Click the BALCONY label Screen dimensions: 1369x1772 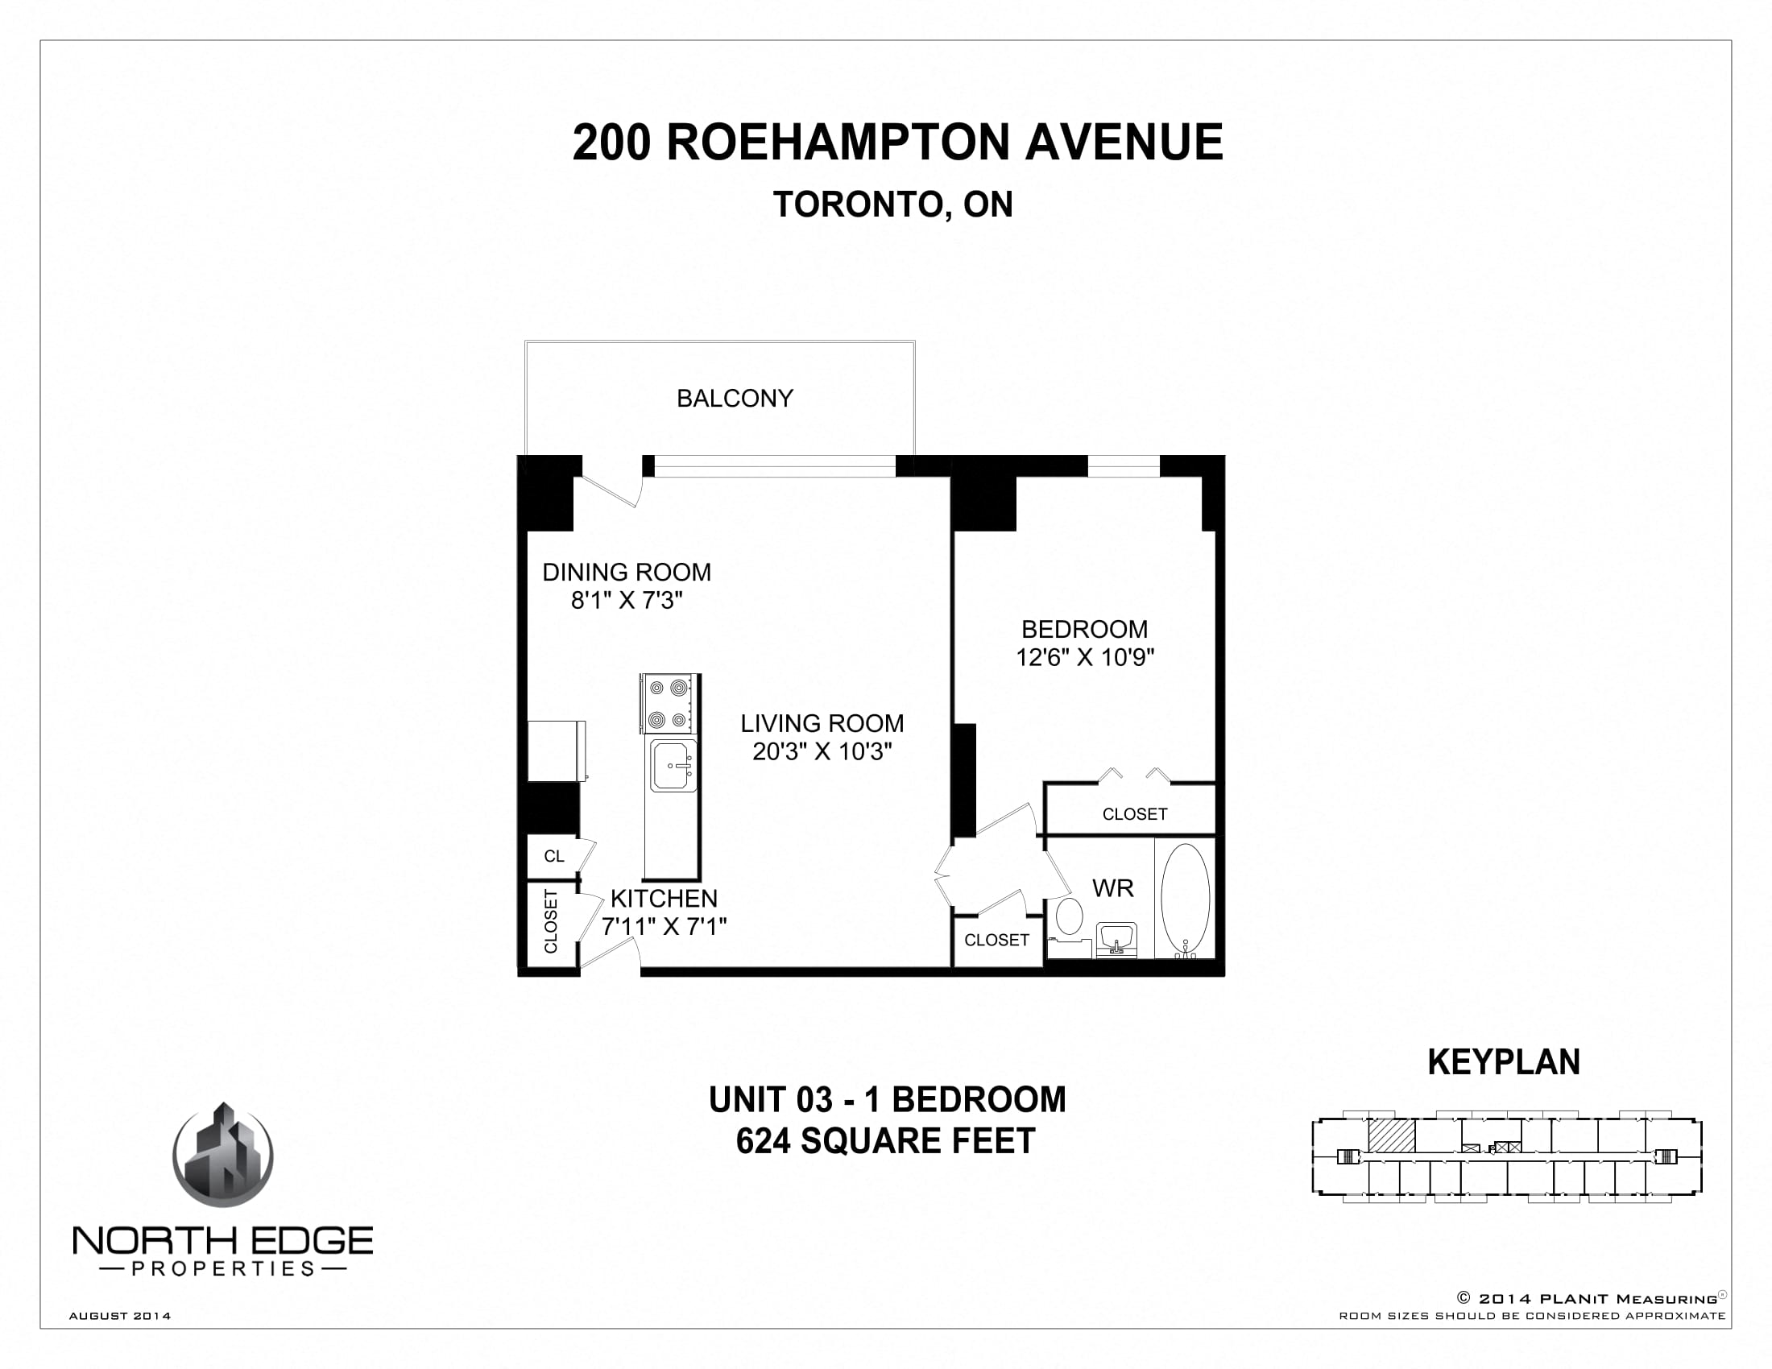(735, 398)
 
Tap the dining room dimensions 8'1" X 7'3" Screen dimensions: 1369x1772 (627, 601)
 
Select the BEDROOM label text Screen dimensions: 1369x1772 (1084, 629)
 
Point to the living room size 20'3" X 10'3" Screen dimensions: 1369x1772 (822, 752)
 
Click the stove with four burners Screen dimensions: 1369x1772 (669, 703)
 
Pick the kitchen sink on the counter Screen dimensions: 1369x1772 (673, 765)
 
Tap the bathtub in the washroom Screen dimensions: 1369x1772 (1186, 898)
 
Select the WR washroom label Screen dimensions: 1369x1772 (1112, 888)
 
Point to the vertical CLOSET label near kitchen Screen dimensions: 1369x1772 (551, 922)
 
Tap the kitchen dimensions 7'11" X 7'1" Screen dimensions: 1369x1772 (664, 926)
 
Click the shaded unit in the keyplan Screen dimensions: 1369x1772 (1392, 1135)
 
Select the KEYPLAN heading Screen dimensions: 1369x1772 (1504, 1061)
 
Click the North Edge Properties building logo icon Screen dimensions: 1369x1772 (223, 1155)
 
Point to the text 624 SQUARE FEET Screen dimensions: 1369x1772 (885, 1141)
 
